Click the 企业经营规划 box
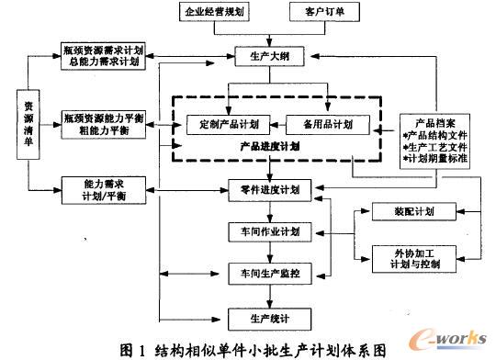pyautogui.click(x=214, y=14)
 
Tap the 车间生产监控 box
pyautogui.click(x=269, y=273)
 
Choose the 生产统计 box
pyautogui.click(x=269, y=318)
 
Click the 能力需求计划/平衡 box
pyautogui.click(x=97, y=189)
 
